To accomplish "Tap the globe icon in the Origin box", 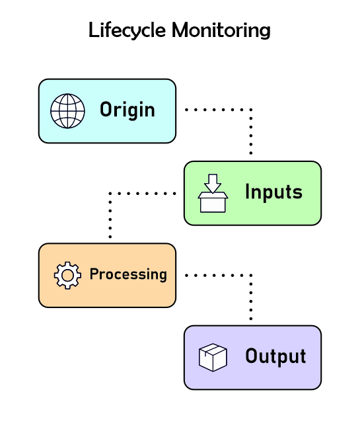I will pyautogui.click(x=68, y=110).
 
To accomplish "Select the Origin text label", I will pyautogui.click(x=127, y=110).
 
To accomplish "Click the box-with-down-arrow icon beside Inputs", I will pyautogui.click(x=213, y=193).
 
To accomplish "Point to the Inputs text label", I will pyautogui.click(x=273, y=192).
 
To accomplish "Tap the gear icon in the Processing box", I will pyautogui.click(x=67, y=275).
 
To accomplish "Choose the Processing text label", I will pyautogui.click(x=128, y=274).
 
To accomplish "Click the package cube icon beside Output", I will pyautogui.click(x=213, y=358).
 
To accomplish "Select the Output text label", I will pyautogui.click(x=275, y=357).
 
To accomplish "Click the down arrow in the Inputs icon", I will pyautogui.click(x=213, y=183).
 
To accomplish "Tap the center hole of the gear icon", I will pyautogui.click(x=67, y=275).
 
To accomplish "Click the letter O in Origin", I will pyautogui.click(x=106, y=110).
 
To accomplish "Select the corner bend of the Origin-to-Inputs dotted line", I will pyautogui.click(x=251, y=110).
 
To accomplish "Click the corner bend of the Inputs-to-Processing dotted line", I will pyautogui.click(x=110, y=193).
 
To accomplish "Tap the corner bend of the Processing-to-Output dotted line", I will pyautogui.click(x=251, y=274).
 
